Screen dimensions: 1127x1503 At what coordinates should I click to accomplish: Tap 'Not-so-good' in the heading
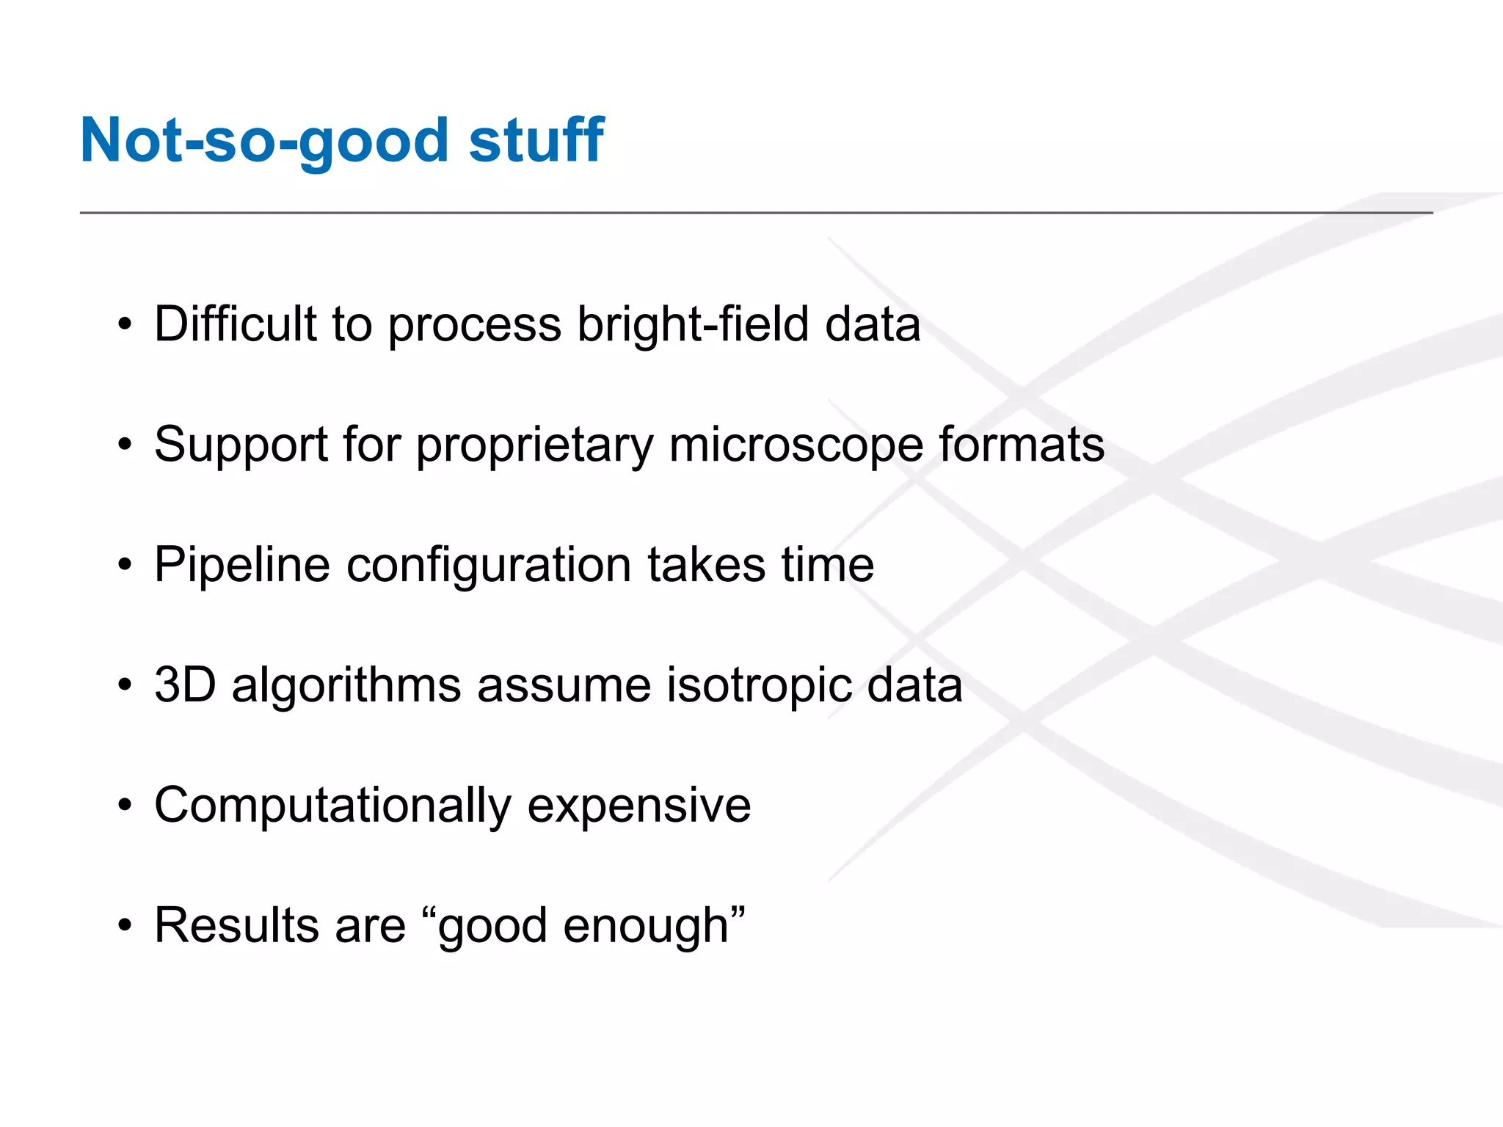point(264,141)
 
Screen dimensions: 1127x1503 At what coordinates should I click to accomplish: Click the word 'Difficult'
point(235,324)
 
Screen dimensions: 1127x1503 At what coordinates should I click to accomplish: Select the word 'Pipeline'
point(242,566)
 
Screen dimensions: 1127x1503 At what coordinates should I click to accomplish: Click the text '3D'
point(185,685)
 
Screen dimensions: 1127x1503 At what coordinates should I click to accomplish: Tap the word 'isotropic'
point(759,686)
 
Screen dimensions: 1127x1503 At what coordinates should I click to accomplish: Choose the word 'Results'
point(236,925)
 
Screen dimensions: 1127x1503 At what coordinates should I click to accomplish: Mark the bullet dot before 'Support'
point(125,445)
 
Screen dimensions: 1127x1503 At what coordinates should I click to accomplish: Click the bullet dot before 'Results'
point(125,926)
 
